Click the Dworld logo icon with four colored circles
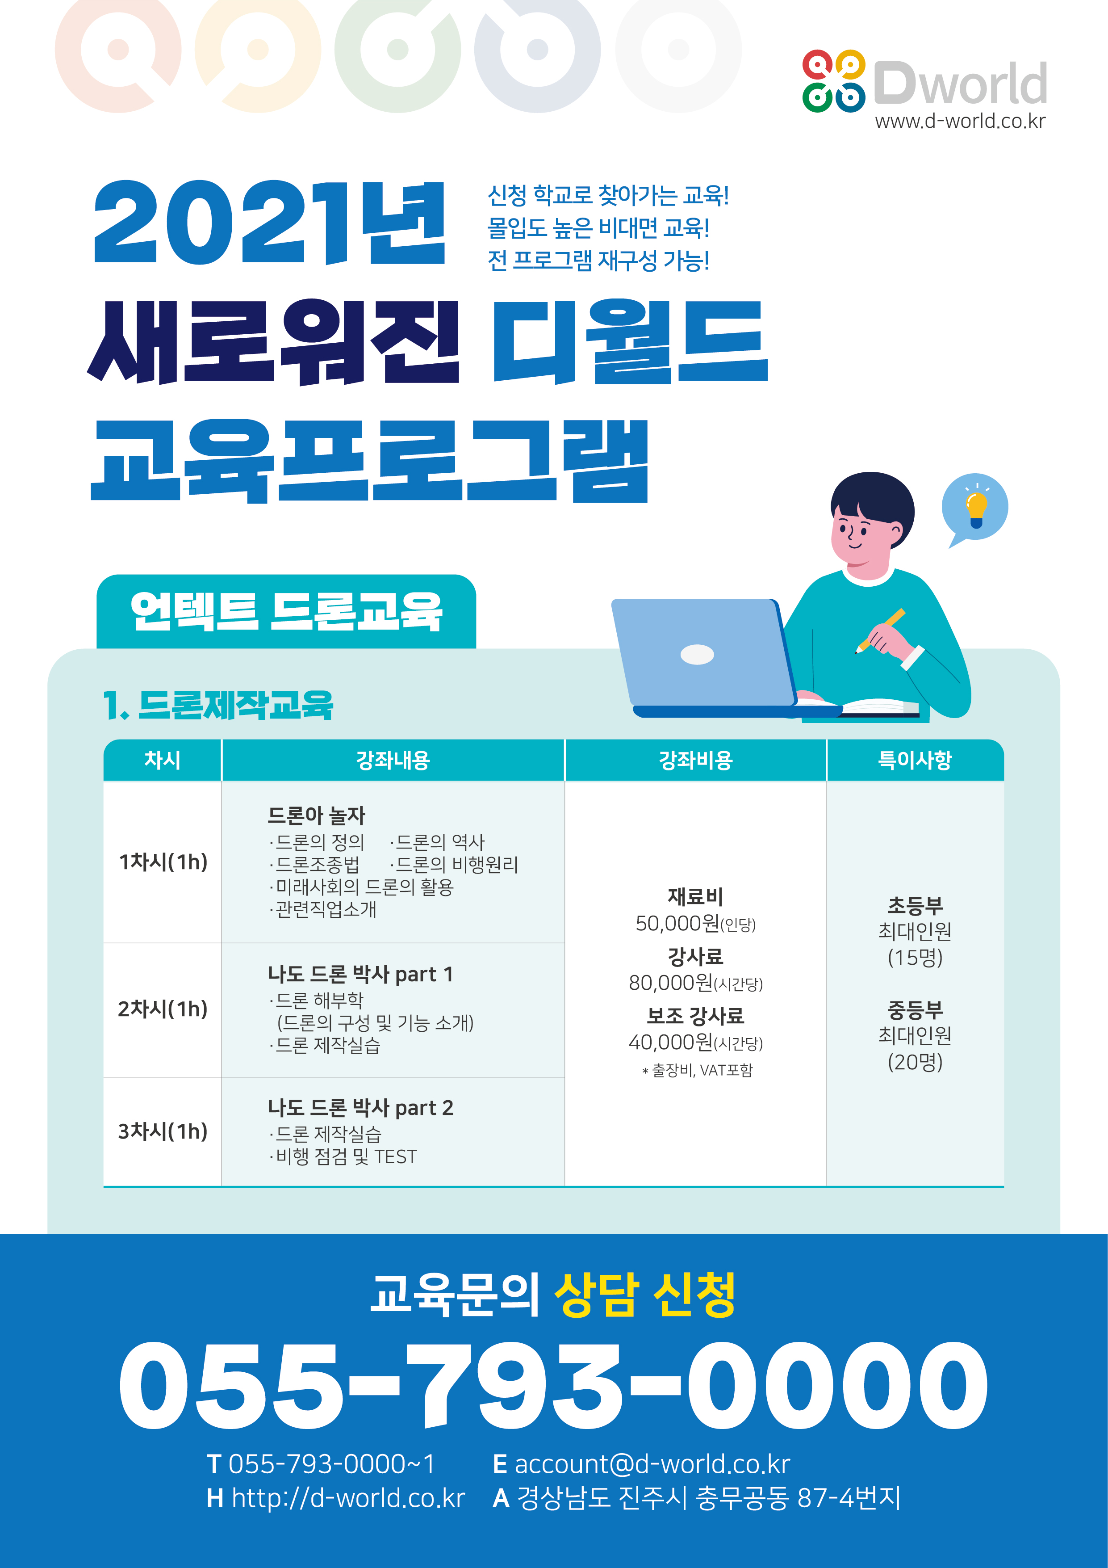click(x=833, y=80)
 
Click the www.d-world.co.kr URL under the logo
click(x=960, y=122)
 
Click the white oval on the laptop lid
click(x=697, y=654)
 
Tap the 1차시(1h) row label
click(x=163, y=862)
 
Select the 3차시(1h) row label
click(x=163, y=1131)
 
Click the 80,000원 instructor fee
click(x=670, y=983)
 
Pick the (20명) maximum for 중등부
click(x=915, y=1062)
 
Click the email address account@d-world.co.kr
click(x=652, y=1464)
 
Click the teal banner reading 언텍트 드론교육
click(x=286, y=611)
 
